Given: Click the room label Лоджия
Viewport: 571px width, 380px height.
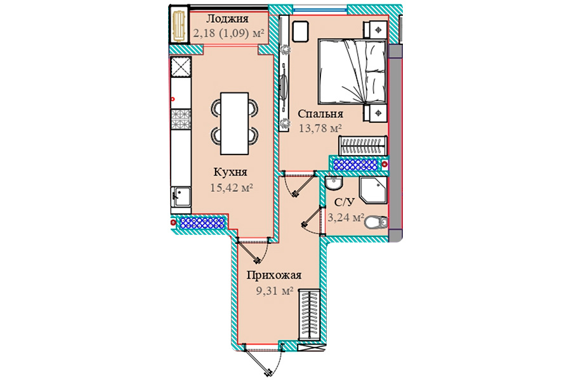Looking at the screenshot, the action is pyautogui.click(x=228, y=19).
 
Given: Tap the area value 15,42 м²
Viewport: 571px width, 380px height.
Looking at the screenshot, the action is pyautogui.click(x=232, y=187).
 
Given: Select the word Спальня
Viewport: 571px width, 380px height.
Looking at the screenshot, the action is pyautogui.click(x=320, y=114).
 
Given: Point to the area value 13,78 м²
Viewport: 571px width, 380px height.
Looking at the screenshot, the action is pyautogui.click(x=320, y=128).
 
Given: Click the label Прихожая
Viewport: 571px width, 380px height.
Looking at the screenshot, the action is pyautogui.click(x=274, y=275).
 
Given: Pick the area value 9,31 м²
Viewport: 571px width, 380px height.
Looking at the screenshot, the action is pyautogui.click(x=275, y=291).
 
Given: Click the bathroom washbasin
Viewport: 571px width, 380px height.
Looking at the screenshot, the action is pyautogui.click(x=334, y=183).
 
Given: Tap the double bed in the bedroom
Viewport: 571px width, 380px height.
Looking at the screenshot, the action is pyautogui.click(x=351, y=72).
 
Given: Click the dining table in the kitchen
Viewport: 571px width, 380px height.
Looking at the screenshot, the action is pyautogui.click(x=235, y=123).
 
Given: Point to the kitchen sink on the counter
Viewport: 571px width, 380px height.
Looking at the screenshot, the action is pyautogui.click(x=181, y=197).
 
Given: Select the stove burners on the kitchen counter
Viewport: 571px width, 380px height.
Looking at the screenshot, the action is pyautogui.click(x=181, y=119).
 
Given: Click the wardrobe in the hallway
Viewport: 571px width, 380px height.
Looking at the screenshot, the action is pyautogui.click(x=309, y=315).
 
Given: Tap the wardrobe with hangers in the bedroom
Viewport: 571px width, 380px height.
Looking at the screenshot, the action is pyautogui.click(x=362, y=146).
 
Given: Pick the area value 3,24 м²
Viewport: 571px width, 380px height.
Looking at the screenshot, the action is pyautogui.click(x=346, y=217).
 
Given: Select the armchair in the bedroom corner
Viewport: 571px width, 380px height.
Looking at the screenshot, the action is pyautogui.click(x=301, y=32).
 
